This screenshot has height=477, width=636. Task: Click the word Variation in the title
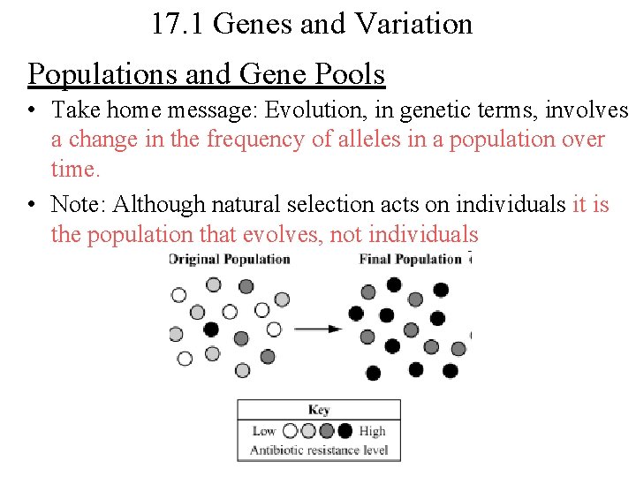pos(413,24)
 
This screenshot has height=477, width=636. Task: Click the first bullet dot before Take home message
pos(33,111)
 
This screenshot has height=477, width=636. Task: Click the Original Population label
pos(231,259)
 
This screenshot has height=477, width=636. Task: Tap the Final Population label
pos(411,259)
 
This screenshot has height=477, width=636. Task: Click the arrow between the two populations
pos(317,329)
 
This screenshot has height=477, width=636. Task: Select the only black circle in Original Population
pos(211,329)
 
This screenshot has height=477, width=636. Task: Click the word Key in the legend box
pos(319,410)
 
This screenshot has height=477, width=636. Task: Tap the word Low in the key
pos(264,431)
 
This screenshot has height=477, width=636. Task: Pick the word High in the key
pos(373,431)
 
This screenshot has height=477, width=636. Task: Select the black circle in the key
pos(344,431)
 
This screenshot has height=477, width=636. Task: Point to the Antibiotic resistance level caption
pos(319,450)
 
